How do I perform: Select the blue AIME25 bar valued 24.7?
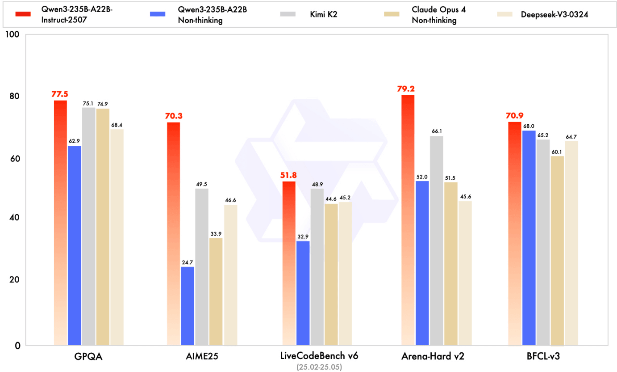(x=188, y=306)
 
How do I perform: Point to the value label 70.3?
(x=174, y=116)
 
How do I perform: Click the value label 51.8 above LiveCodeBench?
(x=289, y=175)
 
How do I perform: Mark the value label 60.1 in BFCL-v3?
(x=557, y=152)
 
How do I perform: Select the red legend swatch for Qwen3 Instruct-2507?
(x=20, y=14)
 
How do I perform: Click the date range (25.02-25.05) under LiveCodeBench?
(x=319, y=367)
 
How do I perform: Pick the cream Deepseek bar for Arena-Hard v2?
(x=465, y=273)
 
